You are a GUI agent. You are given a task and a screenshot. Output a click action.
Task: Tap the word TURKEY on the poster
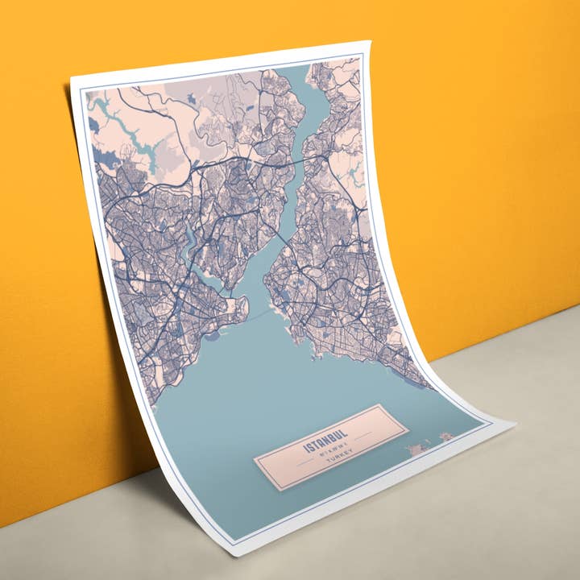tap(337, 465)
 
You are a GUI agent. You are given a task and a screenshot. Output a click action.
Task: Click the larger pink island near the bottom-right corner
tap(419, 448)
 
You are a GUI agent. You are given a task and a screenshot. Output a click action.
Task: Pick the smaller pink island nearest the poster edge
tap(445, 437)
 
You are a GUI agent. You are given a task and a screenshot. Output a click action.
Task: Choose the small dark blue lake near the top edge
tap(190, 98)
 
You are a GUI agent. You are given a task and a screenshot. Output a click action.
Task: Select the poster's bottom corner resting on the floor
tap(234, 555)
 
